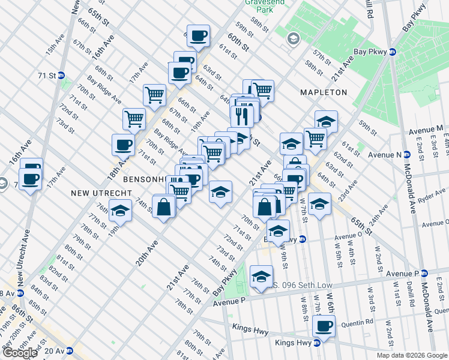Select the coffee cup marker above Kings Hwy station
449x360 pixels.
coord(324,326)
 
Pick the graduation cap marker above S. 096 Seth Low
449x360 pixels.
coord(261,277)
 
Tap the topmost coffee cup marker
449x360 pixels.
coord(198,35)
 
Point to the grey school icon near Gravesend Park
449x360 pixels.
coord(293,39)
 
